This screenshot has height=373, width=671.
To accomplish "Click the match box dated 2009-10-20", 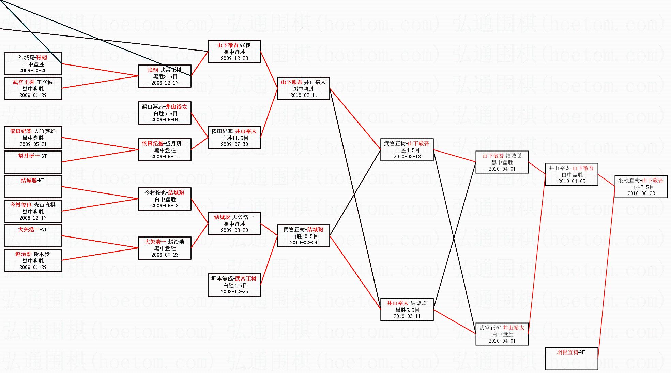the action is [33, 64].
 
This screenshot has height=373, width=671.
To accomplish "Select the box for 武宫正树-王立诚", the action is [33, 88].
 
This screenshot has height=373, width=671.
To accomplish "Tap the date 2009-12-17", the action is [165, 83].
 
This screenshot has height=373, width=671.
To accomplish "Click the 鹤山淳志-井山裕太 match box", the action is [165, 113].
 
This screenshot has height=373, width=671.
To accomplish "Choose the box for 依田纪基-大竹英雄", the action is [33, 138].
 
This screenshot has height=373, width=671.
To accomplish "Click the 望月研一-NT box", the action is [33, 162].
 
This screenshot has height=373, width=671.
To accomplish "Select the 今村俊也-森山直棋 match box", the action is [33, 211].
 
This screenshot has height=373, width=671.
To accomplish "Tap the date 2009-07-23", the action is [165, 255].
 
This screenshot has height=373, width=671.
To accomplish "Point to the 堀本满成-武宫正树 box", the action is [234, 285].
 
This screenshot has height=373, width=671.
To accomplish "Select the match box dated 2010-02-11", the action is [304, 88].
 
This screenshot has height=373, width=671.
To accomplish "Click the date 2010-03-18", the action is [407, 157].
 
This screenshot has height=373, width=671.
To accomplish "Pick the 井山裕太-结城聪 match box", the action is [407, 310].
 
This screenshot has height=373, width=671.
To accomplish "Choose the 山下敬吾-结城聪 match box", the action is [502, 162].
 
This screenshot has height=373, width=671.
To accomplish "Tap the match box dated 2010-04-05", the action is [571, 174].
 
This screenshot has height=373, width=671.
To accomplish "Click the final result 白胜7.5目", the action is [642, 187].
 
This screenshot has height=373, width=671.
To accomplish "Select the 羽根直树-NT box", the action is [571, 358].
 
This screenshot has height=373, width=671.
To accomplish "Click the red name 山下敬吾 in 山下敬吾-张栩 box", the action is [228, 45].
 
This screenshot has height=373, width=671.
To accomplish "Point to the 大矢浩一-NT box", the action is [33, 236].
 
